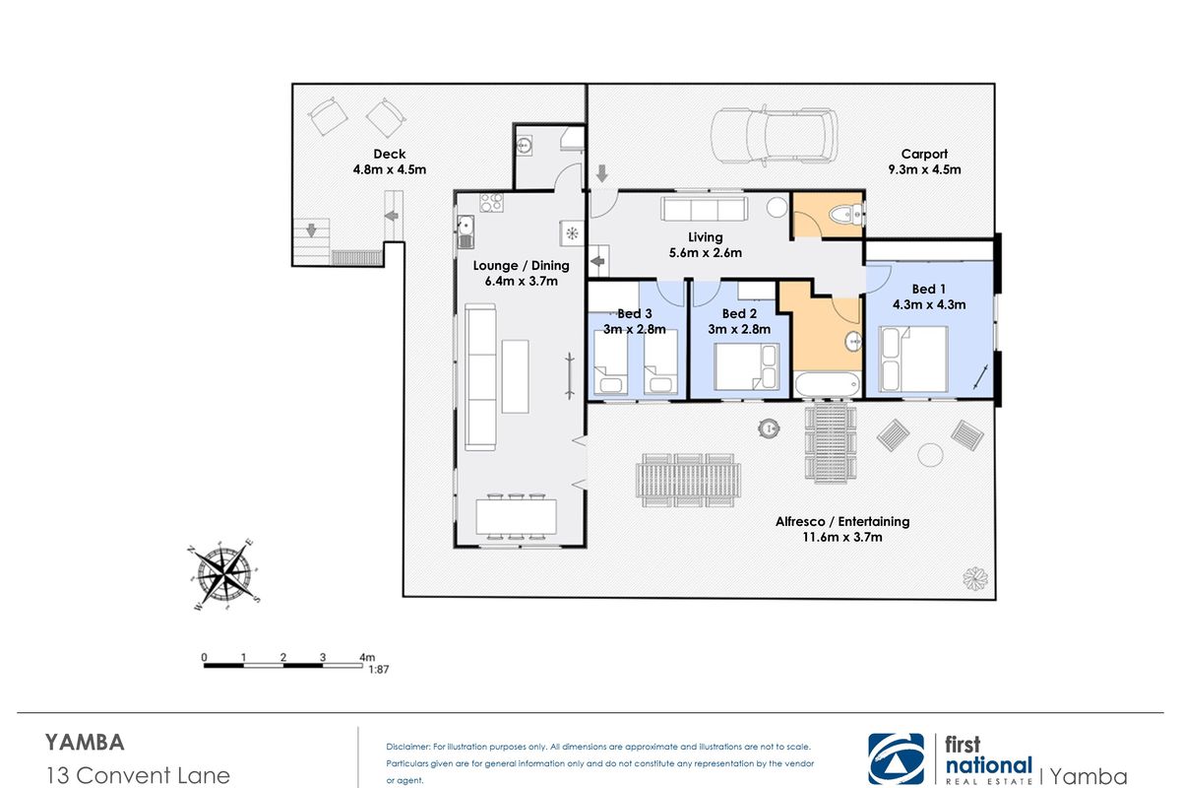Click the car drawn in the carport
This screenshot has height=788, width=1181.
click(x=774, y=135)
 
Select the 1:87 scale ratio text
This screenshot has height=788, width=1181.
click(x=379, y=670)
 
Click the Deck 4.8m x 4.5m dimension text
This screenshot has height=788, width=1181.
click(x=390, y=169)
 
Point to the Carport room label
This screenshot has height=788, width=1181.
click(x=924, y=154)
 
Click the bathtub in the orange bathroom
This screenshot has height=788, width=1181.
click(x=827, y=385)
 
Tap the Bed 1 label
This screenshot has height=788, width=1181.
click(x=929, y=290)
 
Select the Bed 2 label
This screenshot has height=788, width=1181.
click(x=739, y=313)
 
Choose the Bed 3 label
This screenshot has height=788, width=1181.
click(x=635, y=313)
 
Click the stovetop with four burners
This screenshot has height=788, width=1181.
click(x=491, y=203)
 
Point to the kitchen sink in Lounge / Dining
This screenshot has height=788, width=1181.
click(x=466, y=231)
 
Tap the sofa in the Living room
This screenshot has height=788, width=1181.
click(x=705, y=209)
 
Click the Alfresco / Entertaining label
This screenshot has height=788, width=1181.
click(x=842, y=521)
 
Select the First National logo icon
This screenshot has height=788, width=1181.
click(x=897, y=759)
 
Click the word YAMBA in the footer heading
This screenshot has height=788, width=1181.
click(x=85, y=743)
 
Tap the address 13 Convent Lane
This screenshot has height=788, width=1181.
click(x=138, y=776)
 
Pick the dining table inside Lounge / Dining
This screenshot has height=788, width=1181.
click(x=516, y=517)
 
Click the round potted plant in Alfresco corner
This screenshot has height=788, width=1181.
click(x=975, y=579)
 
